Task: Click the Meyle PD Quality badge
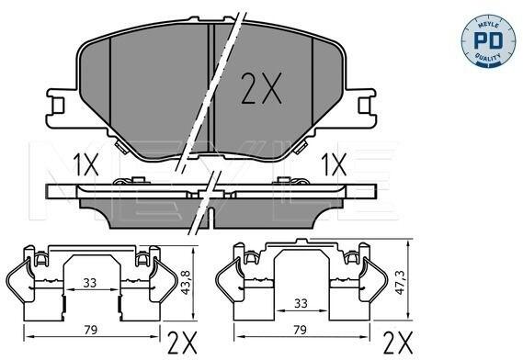[488, 41]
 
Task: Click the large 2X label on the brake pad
[261, 88]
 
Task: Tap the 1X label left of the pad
[86, 164]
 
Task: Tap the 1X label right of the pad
[334, 164]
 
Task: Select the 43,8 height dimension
[186, 282]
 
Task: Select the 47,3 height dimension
[400, 282]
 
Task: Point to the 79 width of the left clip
[90, 330]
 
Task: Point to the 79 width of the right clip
[300, 330]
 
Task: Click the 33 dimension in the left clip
[90, 283]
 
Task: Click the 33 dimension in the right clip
[301, 303]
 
